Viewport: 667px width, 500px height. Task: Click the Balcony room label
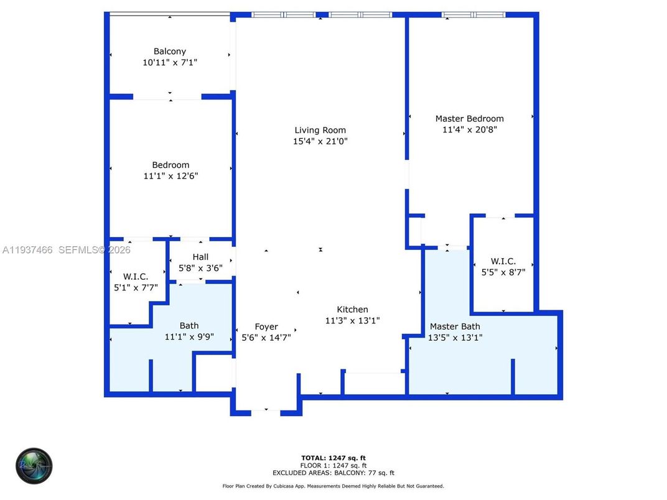tap(170, 52)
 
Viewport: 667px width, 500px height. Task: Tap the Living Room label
tap(320, 130)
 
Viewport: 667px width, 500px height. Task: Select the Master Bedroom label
tap(469, 119)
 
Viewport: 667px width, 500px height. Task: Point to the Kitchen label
tap(352, 310)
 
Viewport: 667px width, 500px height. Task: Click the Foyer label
tap(266, 326)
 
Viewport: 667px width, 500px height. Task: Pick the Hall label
tap(200, 257)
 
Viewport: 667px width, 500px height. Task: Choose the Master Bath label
tap(455, 326)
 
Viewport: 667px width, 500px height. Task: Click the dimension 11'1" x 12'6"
tap(170, 176)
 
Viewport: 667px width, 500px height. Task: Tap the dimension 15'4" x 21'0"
tap(320, 141)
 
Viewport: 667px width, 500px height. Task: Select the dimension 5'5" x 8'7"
tap(503, 272)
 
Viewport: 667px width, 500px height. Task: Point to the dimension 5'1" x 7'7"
tap(136, 287)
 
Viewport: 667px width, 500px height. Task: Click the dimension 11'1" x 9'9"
tap(189, 336)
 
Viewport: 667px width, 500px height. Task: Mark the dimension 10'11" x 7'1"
tap(170, 63)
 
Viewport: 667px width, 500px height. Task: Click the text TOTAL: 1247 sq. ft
tap(333, 457)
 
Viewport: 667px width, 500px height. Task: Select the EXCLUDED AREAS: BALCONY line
tap(333, 473)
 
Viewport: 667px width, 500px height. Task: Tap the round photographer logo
tap(34, 465)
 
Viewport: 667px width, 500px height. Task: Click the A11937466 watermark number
tap(28, 250)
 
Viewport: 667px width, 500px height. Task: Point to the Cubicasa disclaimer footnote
tap(333, 486)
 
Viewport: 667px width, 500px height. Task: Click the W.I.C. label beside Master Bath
tap(503, 262)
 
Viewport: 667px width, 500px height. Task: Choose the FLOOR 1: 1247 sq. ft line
tap(333, 465)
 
